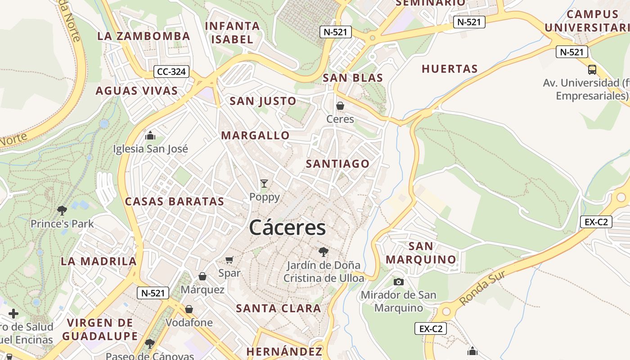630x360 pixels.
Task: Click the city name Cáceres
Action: pyautogui.click(x=287, y=227)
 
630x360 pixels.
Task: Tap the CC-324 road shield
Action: pyautogui.click(x=171, y=71)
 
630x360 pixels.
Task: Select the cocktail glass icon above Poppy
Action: pyautogui.click(x=264, y=183)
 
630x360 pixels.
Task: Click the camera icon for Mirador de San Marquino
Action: pyautogui.click(x=398, y=282)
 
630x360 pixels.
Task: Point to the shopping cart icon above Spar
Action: pyautogui.click(x=229, y=260)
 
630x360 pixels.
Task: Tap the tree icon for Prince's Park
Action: pyautogui.click(x=62, y=210)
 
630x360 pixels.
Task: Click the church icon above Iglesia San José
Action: pyautogui.click(x=150, y=135)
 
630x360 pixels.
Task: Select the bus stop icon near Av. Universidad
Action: pyautogui.click(x=592, y=70)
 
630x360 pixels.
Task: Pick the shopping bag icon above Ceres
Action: pyautogui.click(x=340, y=106)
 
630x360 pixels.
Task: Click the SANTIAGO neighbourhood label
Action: pyautogui.click(x=337, y=164)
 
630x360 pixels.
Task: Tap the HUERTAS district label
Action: pyautogui.click(x=450, y=69)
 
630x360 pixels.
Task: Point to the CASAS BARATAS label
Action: pyautogui.click(x=174, y=201)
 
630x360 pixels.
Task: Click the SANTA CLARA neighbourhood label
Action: pyautogui.click(x=279, y=308)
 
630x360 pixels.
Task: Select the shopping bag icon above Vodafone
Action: pyautogui.click(x=189, y=309)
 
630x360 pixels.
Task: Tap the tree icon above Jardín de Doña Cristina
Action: pyautogui.click(x=323, y=252)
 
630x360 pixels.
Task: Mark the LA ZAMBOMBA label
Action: pyautogui.click(x=144, y=36)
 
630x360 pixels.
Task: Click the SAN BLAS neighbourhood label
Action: pyautogui.click(x=353, y=78)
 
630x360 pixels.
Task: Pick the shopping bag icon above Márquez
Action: pyautogui.click(x=202, y=276)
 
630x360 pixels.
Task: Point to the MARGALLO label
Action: pyautogui.click(x=255, y=135)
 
